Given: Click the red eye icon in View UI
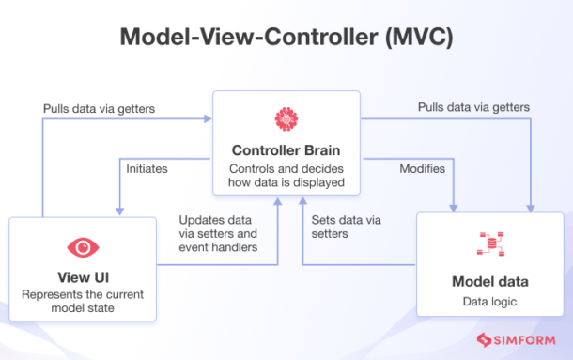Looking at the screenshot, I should pyautogui.click(x=83, y=246).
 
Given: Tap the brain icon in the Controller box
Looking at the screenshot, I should pyautogui.click(x=286, y=119).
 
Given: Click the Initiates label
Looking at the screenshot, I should pyautogui.click(x=147, y=169).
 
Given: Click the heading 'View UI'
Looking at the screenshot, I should pyautogui.click(x=83, y=277).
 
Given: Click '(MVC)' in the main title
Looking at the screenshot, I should pyautogui.click(x=416, y=38).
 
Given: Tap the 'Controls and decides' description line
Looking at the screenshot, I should pyautogui.click(x=286, y=167).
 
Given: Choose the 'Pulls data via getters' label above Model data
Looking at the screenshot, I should pyautogui.click(x=474, y=108).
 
